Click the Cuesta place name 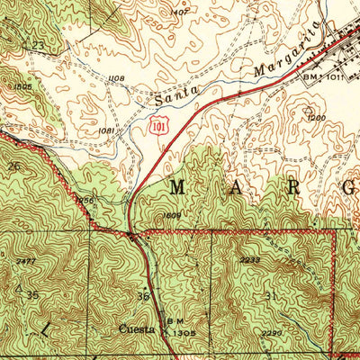pyautogui.click(x=137, y=328)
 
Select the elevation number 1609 pyautogui.click(x=173, y=216)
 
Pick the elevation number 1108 pyautogui.click(x=115, y=79)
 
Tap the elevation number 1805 pyautogui.click(x=23, y=87)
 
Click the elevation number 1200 pyautogui.click(x=315, y=119)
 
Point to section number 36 pyautogui.click(x=141, y=296)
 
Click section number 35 pyautogui.click(x=32, y=294)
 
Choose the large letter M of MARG pyautogui.click(x=177, y=188)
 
